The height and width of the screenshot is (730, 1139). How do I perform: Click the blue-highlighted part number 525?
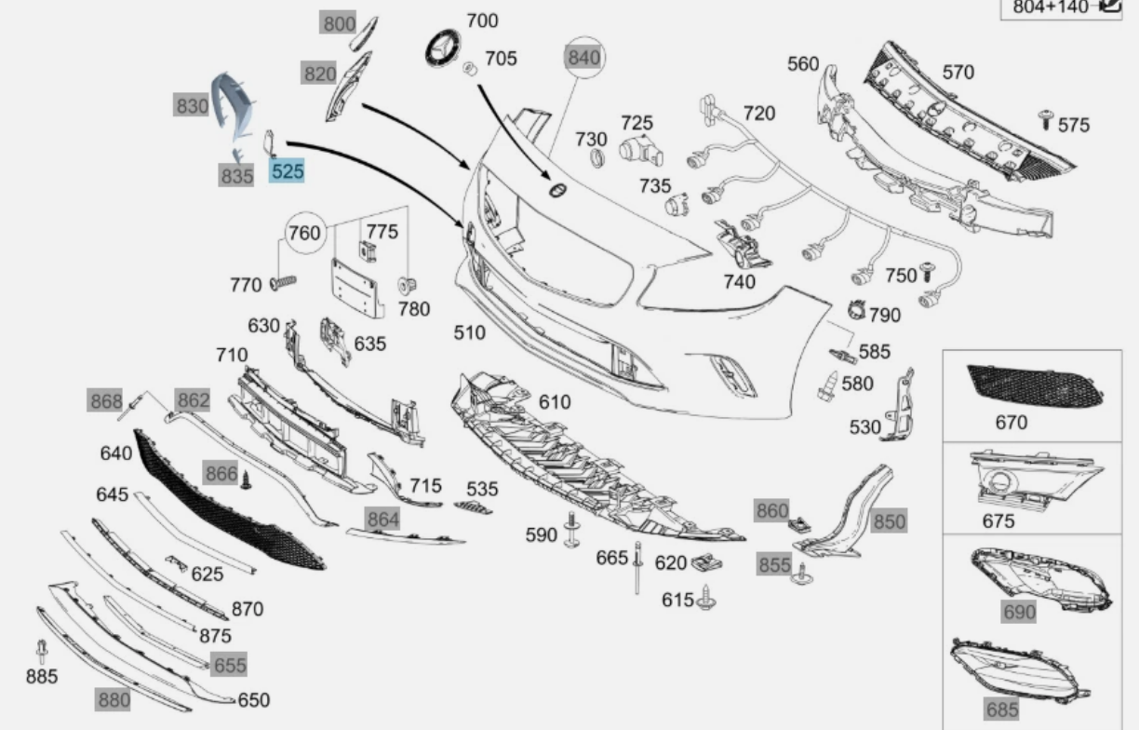tap(287, 171)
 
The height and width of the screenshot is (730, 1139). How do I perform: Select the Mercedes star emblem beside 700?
tap(443, 48)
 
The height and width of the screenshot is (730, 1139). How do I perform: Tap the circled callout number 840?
tap(584, 58)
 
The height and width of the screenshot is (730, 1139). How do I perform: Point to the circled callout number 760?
tap(305, 233)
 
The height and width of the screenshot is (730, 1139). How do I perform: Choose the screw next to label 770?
tap(283, 282)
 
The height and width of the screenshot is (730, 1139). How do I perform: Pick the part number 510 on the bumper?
tap(469, 332)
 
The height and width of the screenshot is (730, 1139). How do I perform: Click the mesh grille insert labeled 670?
tap(1035, 385)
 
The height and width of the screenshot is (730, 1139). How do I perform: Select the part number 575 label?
tap(1074, 125)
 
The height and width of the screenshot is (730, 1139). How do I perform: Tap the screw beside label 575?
tap(1045, 119)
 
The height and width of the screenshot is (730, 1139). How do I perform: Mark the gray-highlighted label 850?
tap(890, 522)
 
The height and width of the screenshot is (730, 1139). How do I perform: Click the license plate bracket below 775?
tap(355, 289)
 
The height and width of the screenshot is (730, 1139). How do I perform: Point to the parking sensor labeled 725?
tap(640, 152)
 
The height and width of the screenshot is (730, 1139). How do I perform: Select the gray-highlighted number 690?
tap(1020, 612)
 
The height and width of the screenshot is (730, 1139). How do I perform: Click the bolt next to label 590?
tap(572, 530)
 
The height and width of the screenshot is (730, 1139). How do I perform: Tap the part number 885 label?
tap(42, 677)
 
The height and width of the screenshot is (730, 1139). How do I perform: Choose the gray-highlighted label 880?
tap(114, 700)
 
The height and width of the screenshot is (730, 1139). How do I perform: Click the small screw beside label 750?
tap(927, 272)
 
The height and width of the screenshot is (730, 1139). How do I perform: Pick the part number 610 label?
tap(555, 402)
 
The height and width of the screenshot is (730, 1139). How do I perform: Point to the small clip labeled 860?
tap(798, 524)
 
